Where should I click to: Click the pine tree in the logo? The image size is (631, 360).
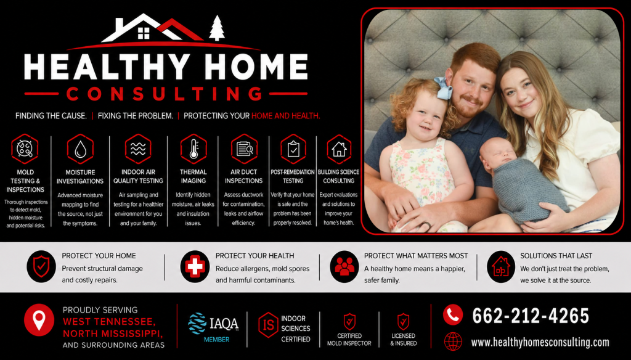[217, 28]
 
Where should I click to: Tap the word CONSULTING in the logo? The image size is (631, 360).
[165, 94]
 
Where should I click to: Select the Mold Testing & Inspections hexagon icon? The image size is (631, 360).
[25, 149]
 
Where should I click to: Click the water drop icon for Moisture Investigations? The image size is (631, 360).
[81, 149]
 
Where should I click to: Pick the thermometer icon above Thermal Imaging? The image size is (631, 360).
[193, 149]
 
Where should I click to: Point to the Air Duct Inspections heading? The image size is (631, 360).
[243, 176]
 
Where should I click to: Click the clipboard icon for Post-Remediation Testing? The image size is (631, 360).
[293, 149]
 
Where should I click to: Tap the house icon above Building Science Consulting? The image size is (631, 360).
[339, 149]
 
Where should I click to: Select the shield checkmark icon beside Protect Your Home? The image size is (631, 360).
[41, 266]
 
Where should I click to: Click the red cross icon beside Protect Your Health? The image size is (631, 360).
[195, 266]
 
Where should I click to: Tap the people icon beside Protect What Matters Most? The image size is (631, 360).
[344, 266]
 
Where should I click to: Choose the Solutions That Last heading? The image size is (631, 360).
[556, 256]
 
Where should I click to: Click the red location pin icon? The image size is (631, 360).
[39, 321]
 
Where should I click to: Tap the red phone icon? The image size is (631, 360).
[453, 314]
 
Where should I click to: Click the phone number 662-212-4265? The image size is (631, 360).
[531, 316]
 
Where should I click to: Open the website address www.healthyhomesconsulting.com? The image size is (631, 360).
[540, 342]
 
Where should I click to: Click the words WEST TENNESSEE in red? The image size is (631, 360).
[109, 322]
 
